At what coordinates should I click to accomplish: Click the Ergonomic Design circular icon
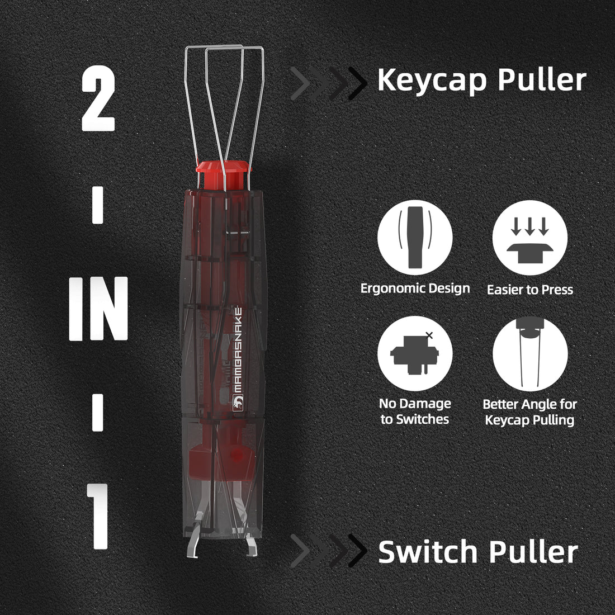click(415, 238)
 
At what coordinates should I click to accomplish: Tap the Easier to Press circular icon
click(529, 238)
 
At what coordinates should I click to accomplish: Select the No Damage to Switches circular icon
click(415, 353)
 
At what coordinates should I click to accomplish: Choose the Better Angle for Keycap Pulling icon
click(529, 353)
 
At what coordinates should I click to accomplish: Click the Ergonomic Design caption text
click(415, 288)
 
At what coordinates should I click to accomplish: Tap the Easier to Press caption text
click(529, 290)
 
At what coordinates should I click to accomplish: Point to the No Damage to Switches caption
click(415, 411)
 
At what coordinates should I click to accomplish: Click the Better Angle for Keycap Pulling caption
click(529, 411)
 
